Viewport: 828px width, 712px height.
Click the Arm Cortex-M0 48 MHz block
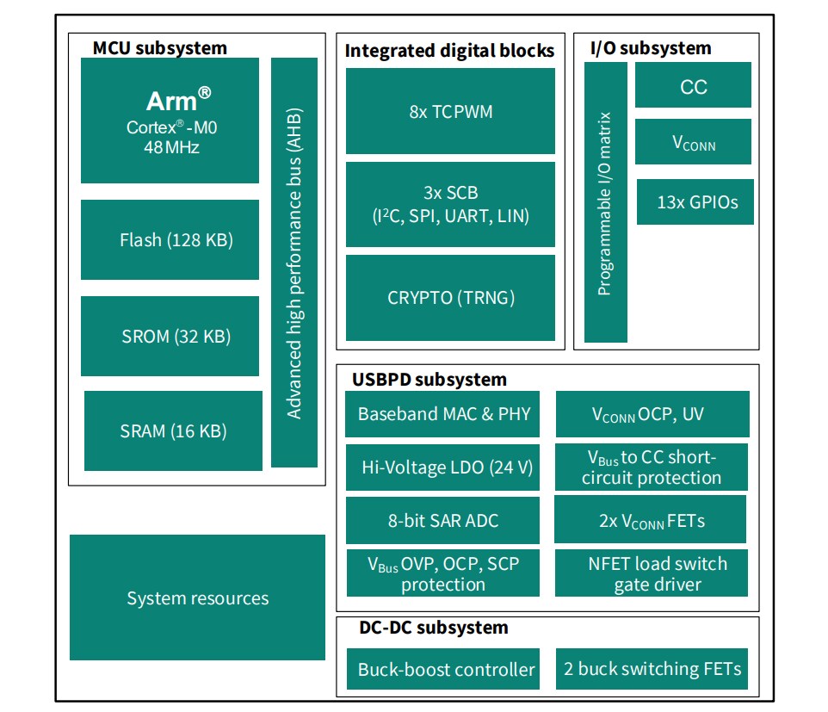coord(170,121)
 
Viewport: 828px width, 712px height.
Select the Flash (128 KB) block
coord(170,239)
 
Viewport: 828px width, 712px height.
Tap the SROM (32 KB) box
coord(170,336)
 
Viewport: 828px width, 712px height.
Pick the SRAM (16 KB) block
coord(173,430)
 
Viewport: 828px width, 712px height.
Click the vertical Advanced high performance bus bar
coord(294,263)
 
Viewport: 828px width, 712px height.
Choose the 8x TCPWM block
coord(450,111)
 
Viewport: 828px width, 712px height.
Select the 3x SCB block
coord(450,204)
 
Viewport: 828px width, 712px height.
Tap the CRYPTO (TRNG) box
coord(450,298)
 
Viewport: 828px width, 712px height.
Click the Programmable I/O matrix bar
coord(605,202)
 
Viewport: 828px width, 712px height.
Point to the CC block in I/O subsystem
coord(693,87)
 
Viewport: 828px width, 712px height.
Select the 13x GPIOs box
coord(695,202)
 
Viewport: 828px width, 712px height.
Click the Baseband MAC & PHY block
coord(443,414)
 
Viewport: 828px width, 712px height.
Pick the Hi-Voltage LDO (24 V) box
coord(443,467)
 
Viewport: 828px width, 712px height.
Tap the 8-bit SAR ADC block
coord(443,520)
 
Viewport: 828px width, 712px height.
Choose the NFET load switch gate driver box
coord(651,573)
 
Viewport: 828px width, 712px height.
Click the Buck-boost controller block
coord(443,669)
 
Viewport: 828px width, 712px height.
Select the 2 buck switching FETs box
coord(652,669)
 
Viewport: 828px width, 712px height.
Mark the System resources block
coord(197,597)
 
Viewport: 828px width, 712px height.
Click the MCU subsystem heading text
coord(160,47)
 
